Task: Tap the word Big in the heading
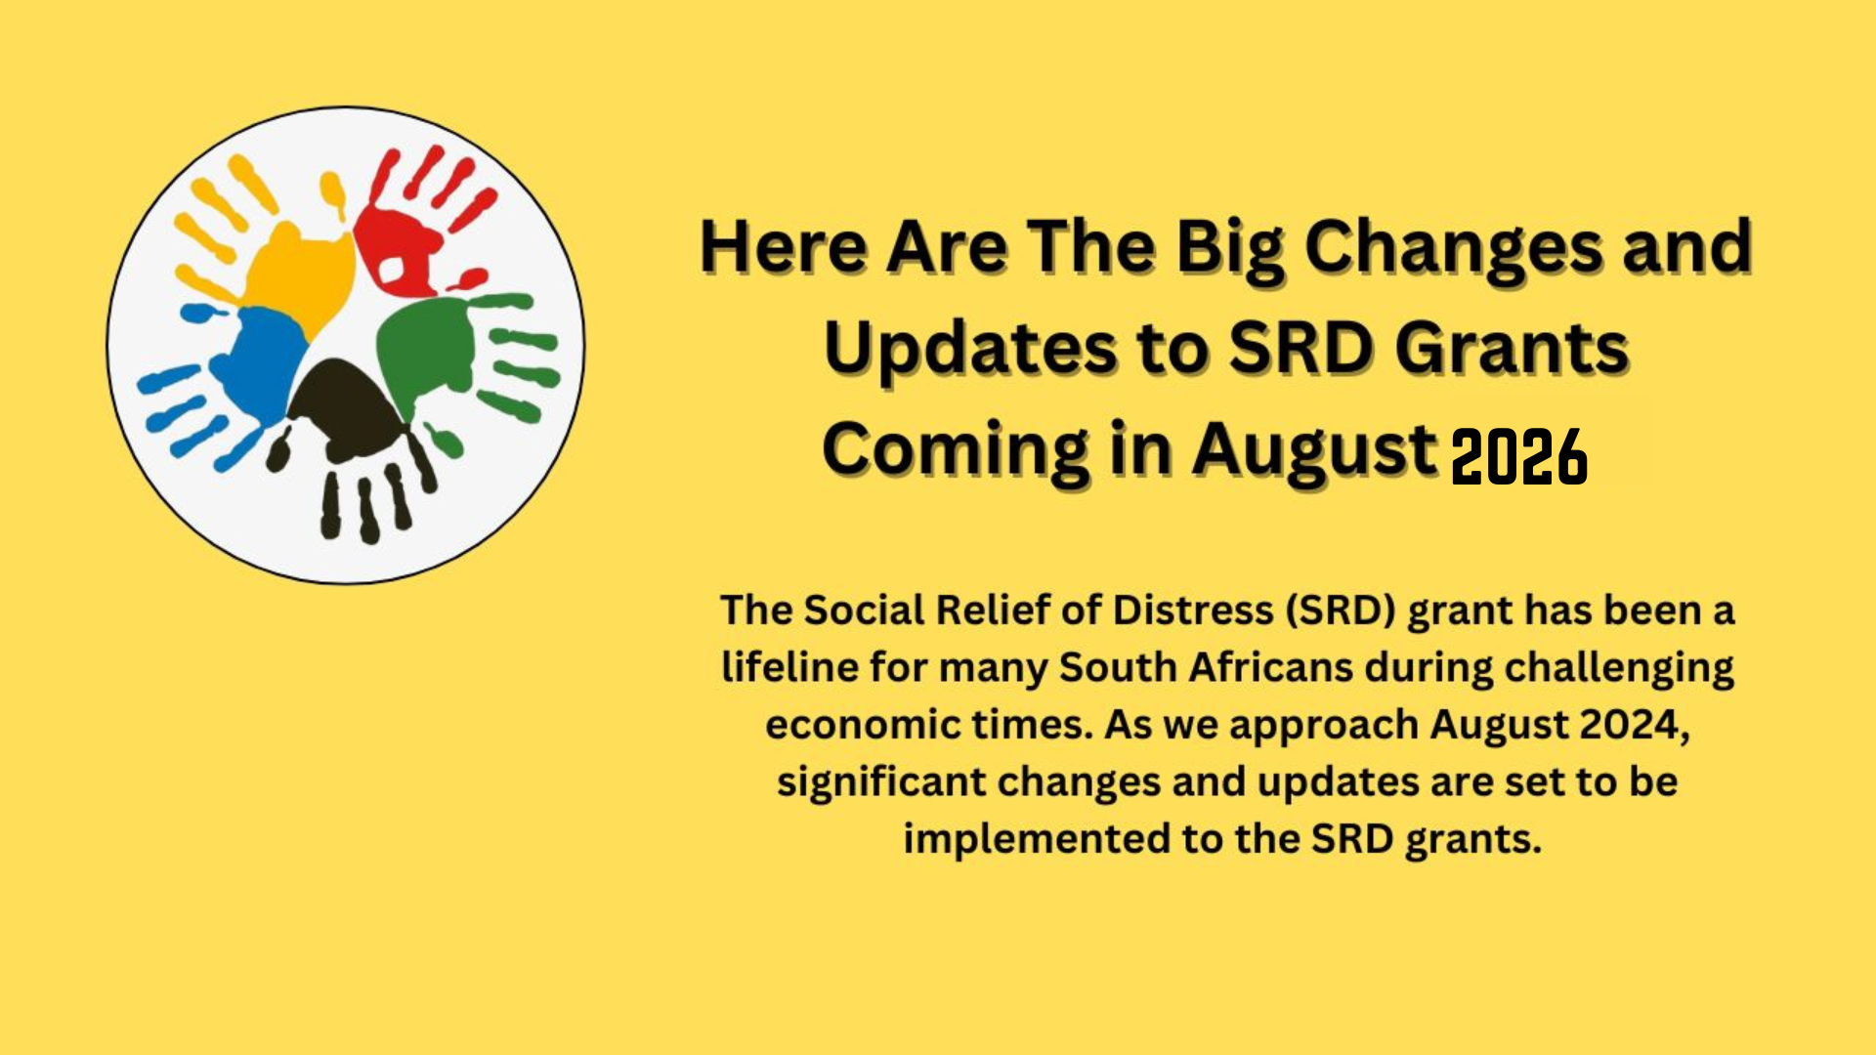1231,247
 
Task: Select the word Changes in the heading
1454,247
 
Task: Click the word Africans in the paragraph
1270,668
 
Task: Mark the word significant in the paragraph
879,782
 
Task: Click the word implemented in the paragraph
1035,839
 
